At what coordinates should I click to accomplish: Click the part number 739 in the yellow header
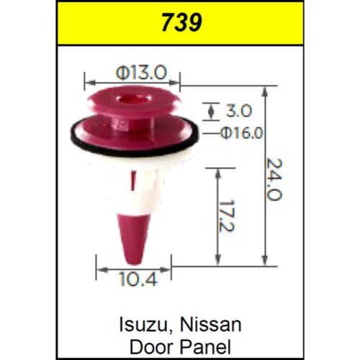click(181, 22)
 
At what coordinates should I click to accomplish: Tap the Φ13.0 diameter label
click(141, 73)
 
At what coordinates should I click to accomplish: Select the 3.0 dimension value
click(239, 111)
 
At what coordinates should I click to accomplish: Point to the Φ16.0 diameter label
click(242, 132)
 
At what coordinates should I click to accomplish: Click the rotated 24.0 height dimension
click(274, 179)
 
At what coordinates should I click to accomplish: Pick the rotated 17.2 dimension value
click(226, 216)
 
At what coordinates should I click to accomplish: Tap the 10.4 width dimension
click(138, 279)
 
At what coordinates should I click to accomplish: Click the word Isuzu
click(145, 325)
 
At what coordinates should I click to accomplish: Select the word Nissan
click(211, 325)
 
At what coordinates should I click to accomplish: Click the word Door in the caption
click(152, 347)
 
